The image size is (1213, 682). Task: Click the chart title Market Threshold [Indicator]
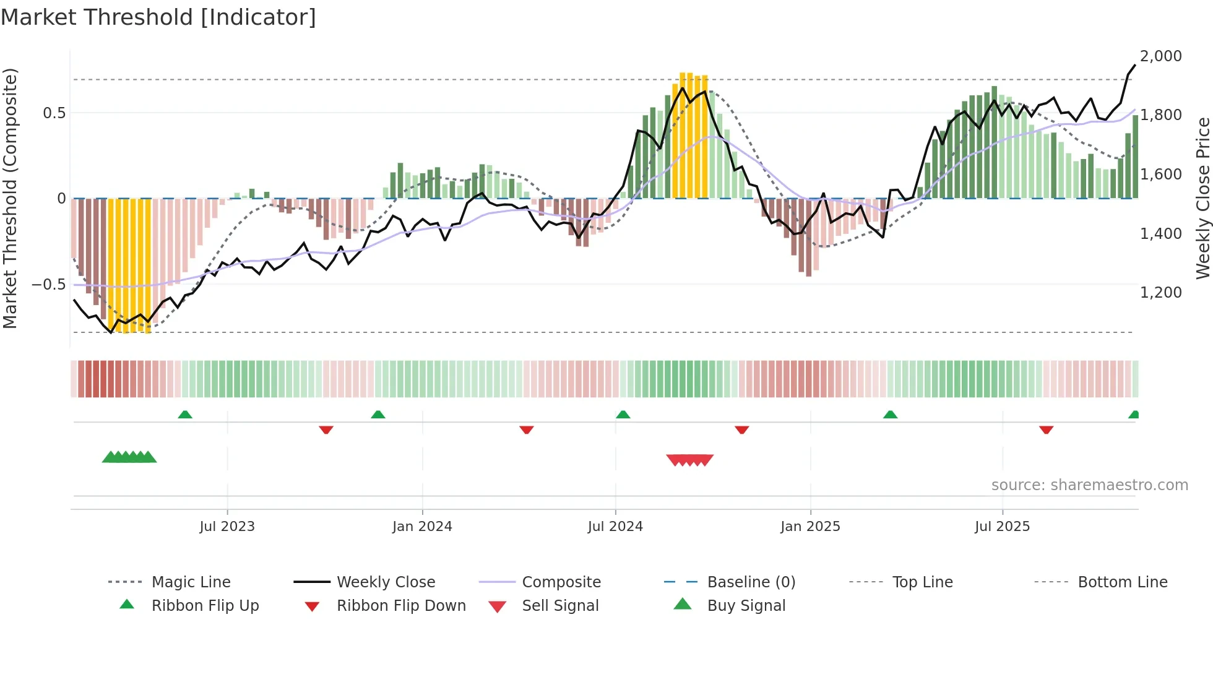(158, 17)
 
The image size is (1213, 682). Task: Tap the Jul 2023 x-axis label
(227, 527)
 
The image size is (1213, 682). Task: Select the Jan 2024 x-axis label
(422, 527)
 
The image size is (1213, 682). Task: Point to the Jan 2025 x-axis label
(810, 527)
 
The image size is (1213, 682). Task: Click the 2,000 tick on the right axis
(1160, 56)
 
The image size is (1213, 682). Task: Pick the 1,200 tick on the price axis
(1160, 293)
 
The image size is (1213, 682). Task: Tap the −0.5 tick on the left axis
(48, 285)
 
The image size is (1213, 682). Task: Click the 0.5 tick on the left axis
(54, 113)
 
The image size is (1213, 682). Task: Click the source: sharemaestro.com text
(1089, 485)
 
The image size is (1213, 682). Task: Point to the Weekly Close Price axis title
(1202, 198)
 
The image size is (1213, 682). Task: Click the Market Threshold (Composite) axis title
(10, 198)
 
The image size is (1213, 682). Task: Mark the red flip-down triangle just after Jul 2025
(1046, 430)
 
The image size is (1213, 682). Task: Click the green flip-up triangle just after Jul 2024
(623, 415)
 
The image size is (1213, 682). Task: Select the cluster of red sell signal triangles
(689, 460)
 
